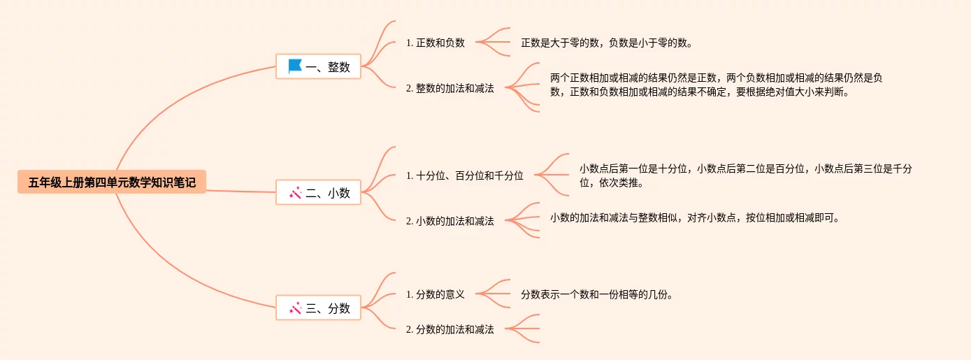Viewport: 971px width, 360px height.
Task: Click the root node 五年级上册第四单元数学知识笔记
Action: pos(112,183)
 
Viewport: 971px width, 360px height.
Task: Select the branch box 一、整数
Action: pos(319,67)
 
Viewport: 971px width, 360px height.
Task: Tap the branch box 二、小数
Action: pos(319,193)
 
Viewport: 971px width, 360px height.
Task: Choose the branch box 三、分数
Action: pos(319,308)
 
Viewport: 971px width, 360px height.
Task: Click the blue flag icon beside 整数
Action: pos(295,66)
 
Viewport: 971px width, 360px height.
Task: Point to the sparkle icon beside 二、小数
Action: pos(295,193)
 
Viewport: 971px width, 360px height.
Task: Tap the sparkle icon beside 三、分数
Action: pos(295,308)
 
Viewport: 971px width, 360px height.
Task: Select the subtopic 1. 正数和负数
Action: pos(436,43)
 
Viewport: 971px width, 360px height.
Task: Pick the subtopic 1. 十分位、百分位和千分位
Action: pos(465,175)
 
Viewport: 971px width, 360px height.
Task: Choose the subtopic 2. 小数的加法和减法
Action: pos(450,221)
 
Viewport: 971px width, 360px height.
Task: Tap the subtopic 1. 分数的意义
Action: pos(436,294)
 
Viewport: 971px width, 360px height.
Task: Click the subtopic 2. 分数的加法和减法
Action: pos(450,329)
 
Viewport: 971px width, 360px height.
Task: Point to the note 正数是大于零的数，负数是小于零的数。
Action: pos(606,43)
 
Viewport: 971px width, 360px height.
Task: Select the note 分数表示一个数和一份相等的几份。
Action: pos(596,294)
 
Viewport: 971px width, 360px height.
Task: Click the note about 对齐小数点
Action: pos(694,217)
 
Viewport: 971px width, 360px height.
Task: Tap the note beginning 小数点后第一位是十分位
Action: pos(745,175)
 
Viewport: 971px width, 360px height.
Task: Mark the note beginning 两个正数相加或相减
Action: pos(716,85)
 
